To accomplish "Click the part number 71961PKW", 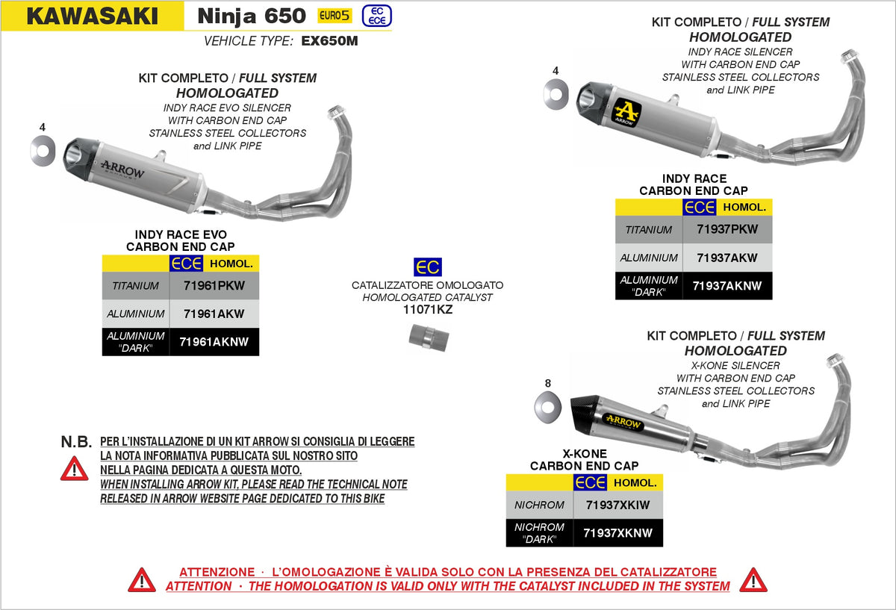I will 214,286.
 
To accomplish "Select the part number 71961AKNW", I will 214,342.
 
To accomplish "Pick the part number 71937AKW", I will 727,258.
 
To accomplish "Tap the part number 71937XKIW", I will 617,505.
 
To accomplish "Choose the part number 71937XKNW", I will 617,533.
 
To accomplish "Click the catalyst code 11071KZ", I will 427,310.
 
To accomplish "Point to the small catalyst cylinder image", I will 427,337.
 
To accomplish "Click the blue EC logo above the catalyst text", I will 427,267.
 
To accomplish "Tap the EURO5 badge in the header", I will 334,16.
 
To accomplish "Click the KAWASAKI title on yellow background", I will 93,16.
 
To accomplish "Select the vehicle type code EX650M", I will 329,42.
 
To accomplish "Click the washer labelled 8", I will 547,408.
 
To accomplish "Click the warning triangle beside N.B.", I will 75,468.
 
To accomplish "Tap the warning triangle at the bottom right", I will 753,579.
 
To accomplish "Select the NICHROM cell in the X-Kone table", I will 539,505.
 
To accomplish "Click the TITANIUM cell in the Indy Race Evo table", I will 136,286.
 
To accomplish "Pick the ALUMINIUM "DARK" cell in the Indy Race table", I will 648,286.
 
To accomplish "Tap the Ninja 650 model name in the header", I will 251,16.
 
